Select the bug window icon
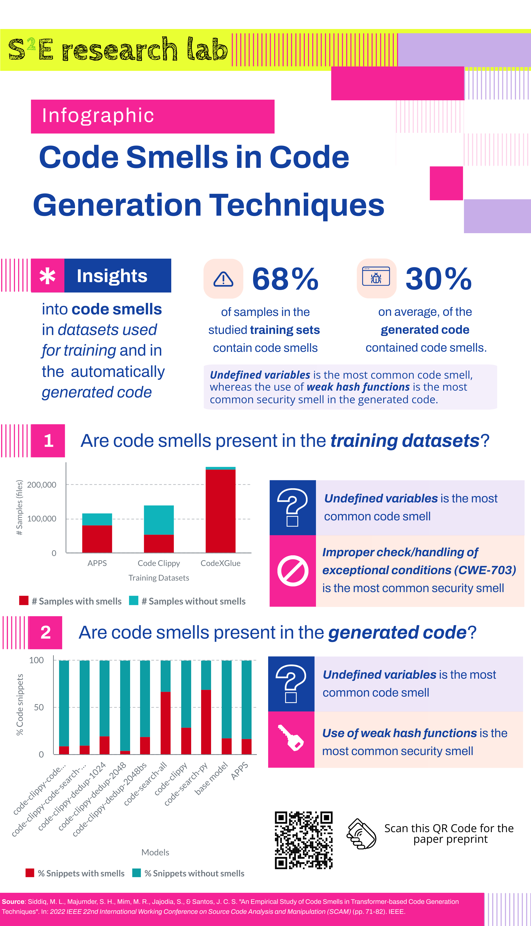click(376, 276)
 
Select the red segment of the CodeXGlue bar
click(220, 511)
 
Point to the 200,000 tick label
click(42, 485)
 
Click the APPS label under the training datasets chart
click(97, 563)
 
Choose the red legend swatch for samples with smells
click(24, 601)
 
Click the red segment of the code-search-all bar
click(165, 723)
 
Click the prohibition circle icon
click(292, 571)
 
